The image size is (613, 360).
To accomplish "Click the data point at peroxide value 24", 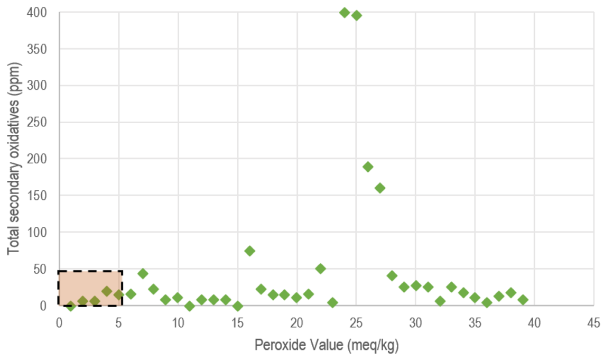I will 345,13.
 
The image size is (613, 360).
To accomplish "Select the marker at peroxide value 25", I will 356,15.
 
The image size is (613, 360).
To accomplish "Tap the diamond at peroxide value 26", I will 368,167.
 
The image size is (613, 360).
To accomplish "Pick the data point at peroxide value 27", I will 380,188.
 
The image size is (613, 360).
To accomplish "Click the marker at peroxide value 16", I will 249,251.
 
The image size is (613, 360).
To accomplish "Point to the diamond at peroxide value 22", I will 320,268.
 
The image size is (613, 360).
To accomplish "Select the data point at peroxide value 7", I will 143,273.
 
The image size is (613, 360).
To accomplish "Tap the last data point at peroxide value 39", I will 523,300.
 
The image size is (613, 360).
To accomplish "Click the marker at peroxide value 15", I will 238,306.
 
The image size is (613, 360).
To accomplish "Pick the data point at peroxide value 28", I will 392,275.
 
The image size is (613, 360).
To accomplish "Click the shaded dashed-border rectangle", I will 90,288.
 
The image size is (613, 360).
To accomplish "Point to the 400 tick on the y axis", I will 40,12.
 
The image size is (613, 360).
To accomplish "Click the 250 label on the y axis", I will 40,122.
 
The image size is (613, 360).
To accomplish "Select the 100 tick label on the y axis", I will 40,232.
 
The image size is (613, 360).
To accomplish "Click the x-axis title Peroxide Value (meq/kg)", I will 326,346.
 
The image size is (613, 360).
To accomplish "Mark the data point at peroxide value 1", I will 71,306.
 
